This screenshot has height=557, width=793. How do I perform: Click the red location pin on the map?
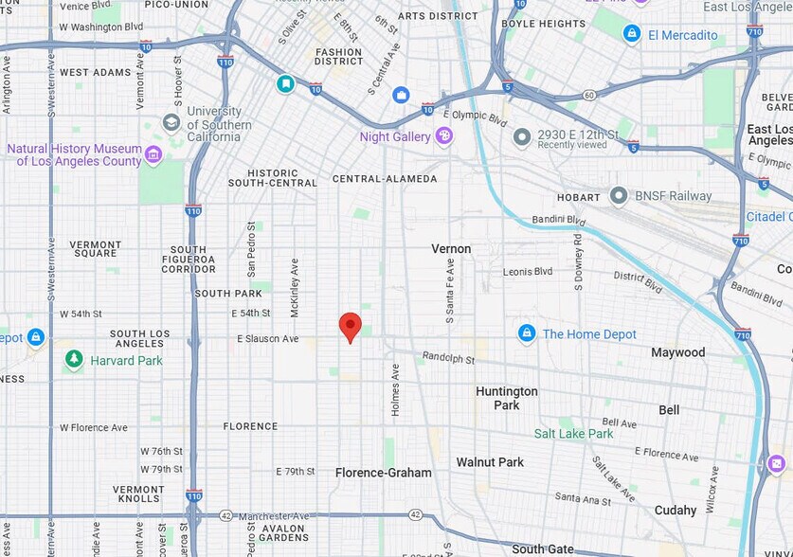[351, 326]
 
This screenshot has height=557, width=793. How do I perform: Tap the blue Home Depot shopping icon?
[527, 333]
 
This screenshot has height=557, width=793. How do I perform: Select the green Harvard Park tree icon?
[74, 360]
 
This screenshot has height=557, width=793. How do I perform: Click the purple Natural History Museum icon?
[153, 154]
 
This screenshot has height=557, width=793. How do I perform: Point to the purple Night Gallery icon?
[443, 136]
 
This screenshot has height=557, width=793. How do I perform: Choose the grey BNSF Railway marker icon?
[619, 196]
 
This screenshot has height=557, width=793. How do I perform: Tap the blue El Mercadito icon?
[632, 34]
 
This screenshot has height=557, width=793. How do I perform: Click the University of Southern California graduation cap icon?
[171, 122]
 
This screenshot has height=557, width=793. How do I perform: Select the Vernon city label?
[451, 248]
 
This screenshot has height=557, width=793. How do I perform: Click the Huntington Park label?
[507, 398]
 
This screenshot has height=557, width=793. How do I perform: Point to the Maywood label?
[677, 352]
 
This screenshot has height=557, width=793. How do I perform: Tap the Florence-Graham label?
[384, 473]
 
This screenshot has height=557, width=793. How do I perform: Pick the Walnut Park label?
[490, 462]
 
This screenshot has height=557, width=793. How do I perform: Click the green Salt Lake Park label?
[573, 434]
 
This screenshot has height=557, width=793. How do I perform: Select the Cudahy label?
[675, 510]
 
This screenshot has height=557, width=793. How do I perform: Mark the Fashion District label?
[338, 57]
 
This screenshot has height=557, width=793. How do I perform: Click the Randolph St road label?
[448, 358]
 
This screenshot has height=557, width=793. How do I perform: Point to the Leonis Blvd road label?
[528, 272]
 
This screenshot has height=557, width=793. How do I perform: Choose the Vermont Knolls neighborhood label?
[138, 494]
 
